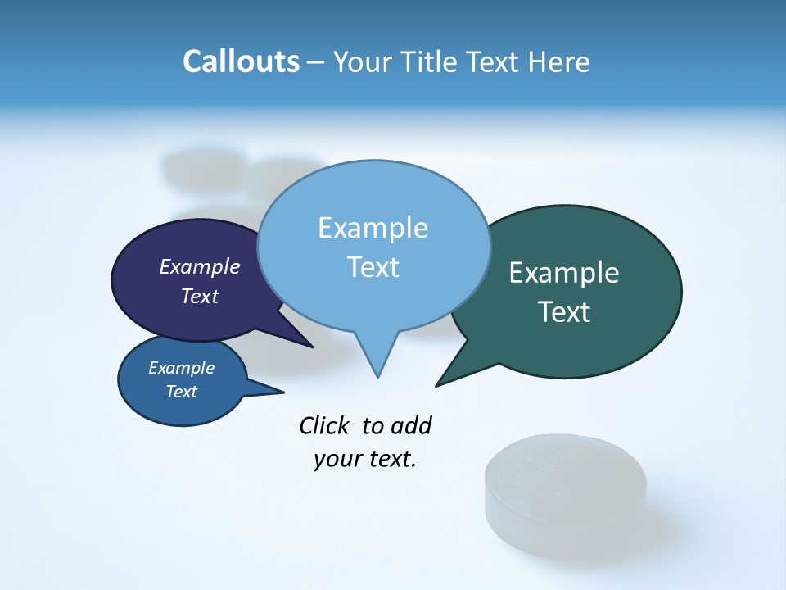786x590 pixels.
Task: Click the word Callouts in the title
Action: [241, 61]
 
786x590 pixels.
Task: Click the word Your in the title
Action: [363, 61]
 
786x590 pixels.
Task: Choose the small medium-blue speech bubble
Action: [156, 406]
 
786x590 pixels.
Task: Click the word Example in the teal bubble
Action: [564, 273]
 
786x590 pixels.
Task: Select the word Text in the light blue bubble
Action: [373, 267]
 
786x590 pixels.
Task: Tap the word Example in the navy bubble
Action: [200, 266]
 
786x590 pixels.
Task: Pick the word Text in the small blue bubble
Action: [182, 392]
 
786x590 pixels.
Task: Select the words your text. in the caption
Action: [365, 459]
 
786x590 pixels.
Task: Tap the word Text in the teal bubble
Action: [564, 312]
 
